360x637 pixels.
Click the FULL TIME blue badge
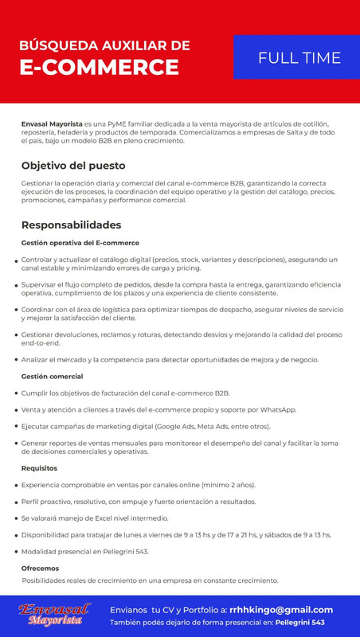point(299,57)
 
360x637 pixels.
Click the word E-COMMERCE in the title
point(99,65)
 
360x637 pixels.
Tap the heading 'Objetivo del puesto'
point(73,166)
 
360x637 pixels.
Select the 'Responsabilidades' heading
point(71,225)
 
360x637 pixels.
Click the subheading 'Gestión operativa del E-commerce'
point(80,243)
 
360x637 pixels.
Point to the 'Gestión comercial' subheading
point(53,376)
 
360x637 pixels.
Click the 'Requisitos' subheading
point(39,468)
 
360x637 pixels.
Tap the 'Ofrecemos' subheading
point(40,568)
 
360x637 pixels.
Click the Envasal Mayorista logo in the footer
point(53,613)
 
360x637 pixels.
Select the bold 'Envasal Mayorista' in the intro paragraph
point(52,125)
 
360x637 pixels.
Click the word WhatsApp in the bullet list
point(276,409)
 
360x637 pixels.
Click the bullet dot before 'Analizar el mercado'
point(16,361)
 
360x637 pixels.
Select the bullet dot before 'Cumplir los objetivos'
point(16,393)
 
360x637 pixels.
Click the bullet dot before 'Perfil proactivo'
point(16,502)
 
